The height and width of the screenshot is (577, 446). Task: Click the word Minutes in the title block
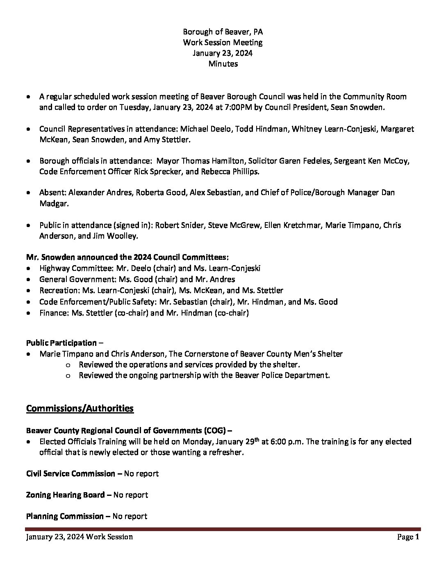pos(223,64)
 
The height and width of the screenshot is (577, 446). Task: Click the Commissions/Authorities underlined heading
pos(80,408)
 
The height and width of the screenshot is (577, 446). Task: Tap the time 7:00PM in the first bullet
pos(229,108)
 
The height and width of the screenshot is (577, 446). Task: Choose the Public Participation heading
pos(61,343)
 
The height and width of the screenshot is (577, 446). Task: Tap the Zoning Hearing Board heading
pos(65,495)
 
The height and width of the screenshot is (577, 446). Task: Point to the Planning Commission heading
pos(65,516)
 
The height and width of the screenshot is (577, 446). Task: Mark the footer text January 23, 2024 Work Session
pos(79,537)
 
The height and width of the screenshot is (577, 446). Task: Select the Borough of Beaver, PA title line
pos(223,32)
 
